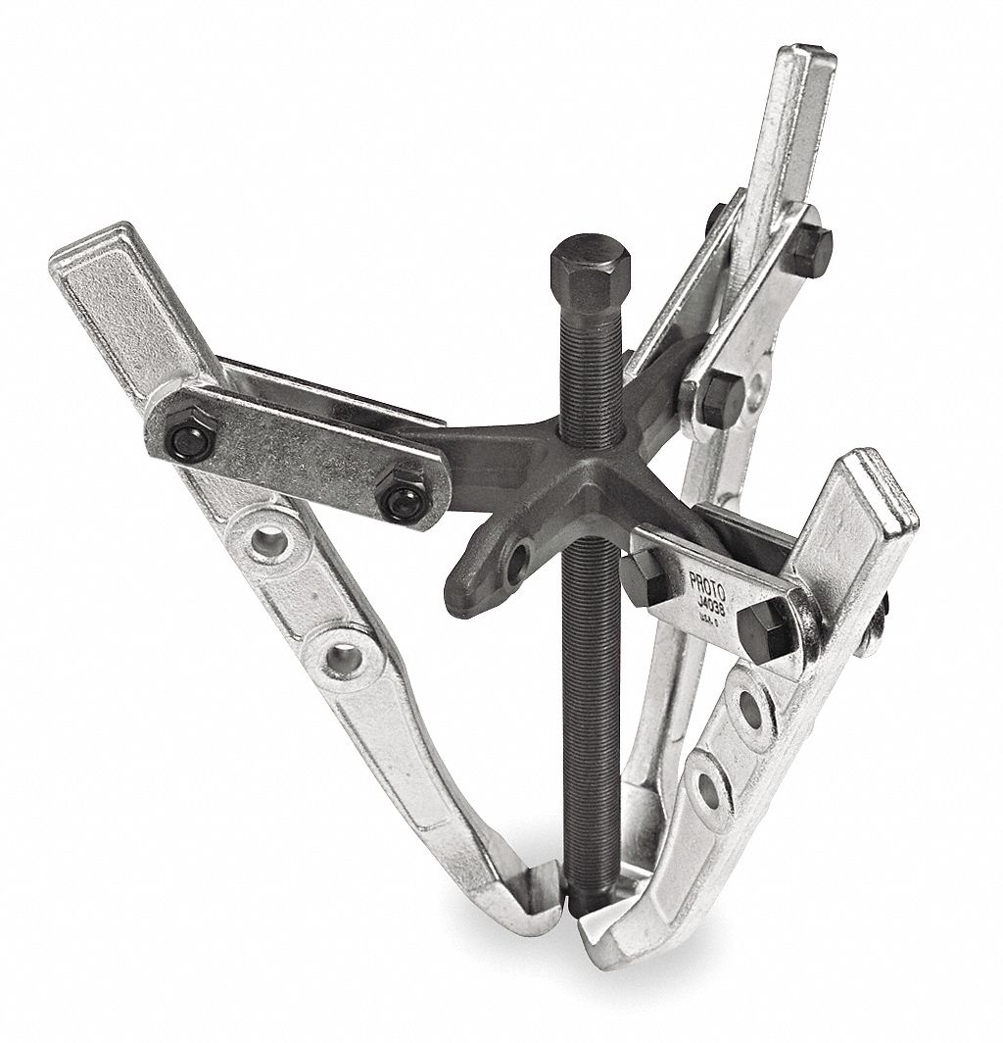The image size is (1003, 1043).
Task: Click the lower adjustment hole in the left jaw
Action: coord(338,658)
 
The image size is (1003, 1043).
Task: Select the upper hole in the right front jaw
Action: coord(750,704)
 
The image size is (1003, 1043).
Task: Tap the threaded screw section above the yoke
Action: coord(580,372)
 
